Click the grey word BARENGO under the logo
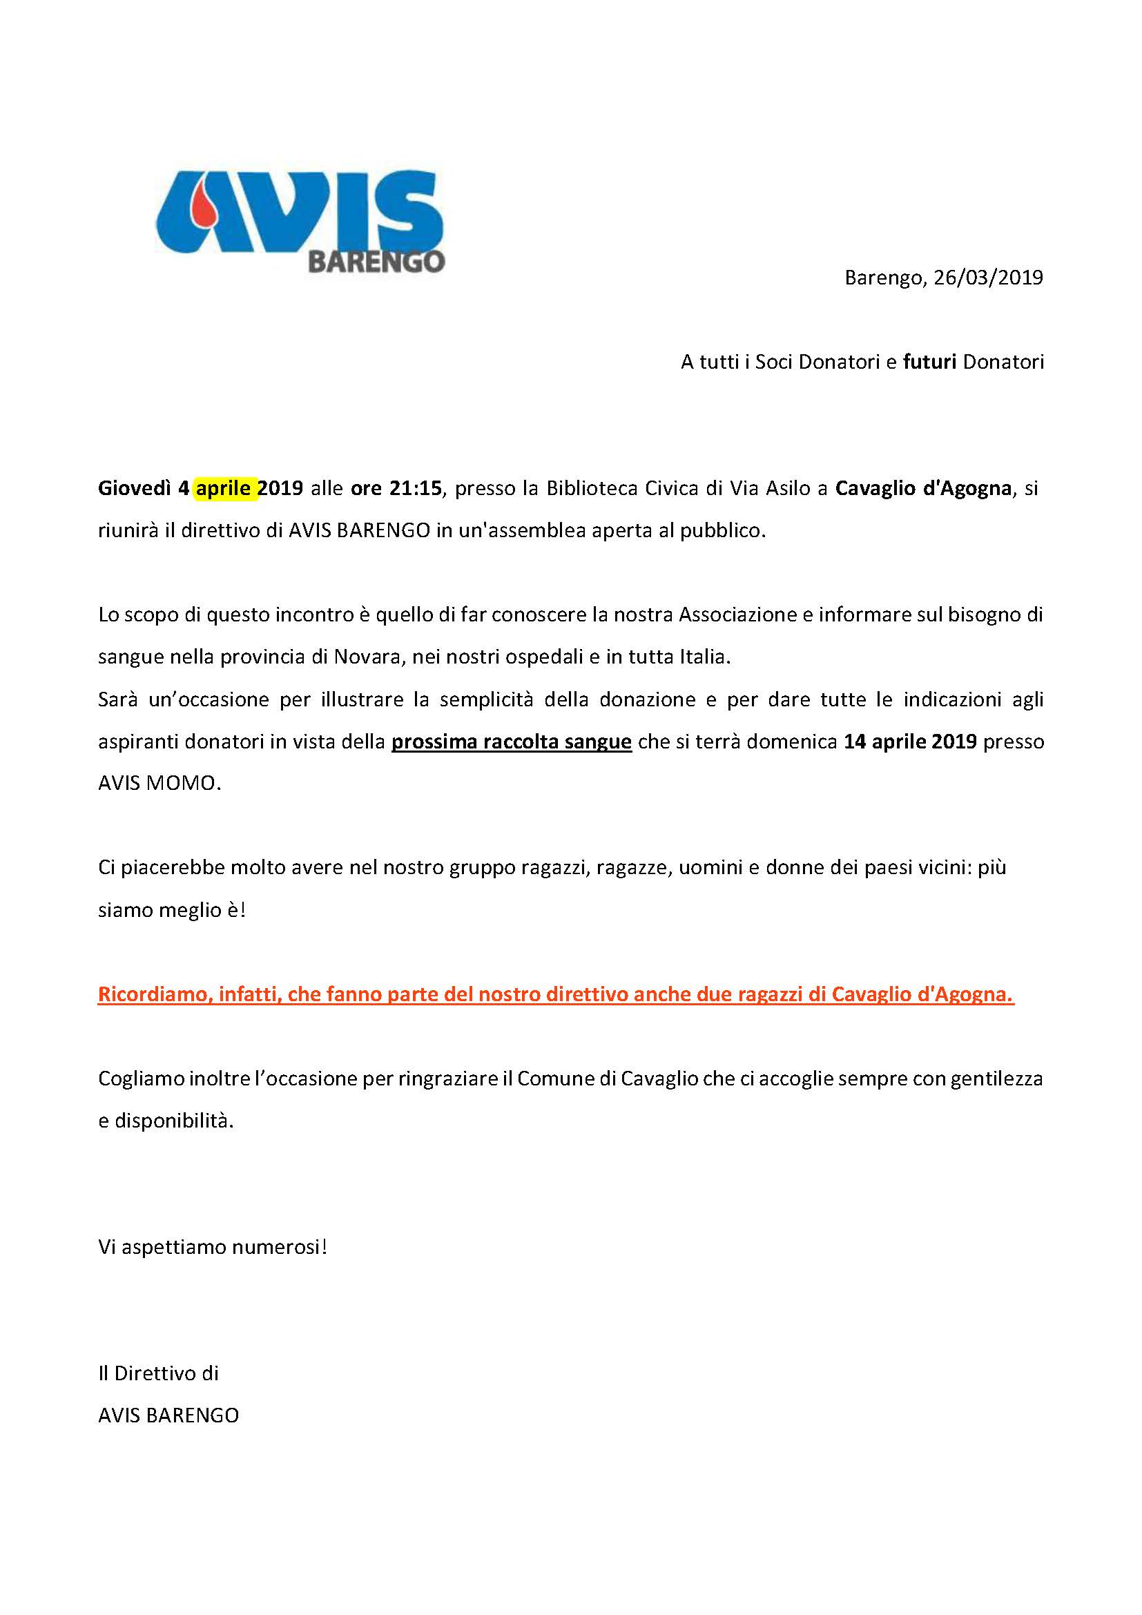376,262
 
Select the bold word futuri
929,362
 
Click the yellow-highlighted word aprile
224,488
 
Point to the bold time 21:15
415,488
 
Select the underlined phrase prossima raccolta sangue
511,742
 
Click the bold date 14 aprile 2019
910,742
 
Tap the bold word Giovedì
134,488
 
